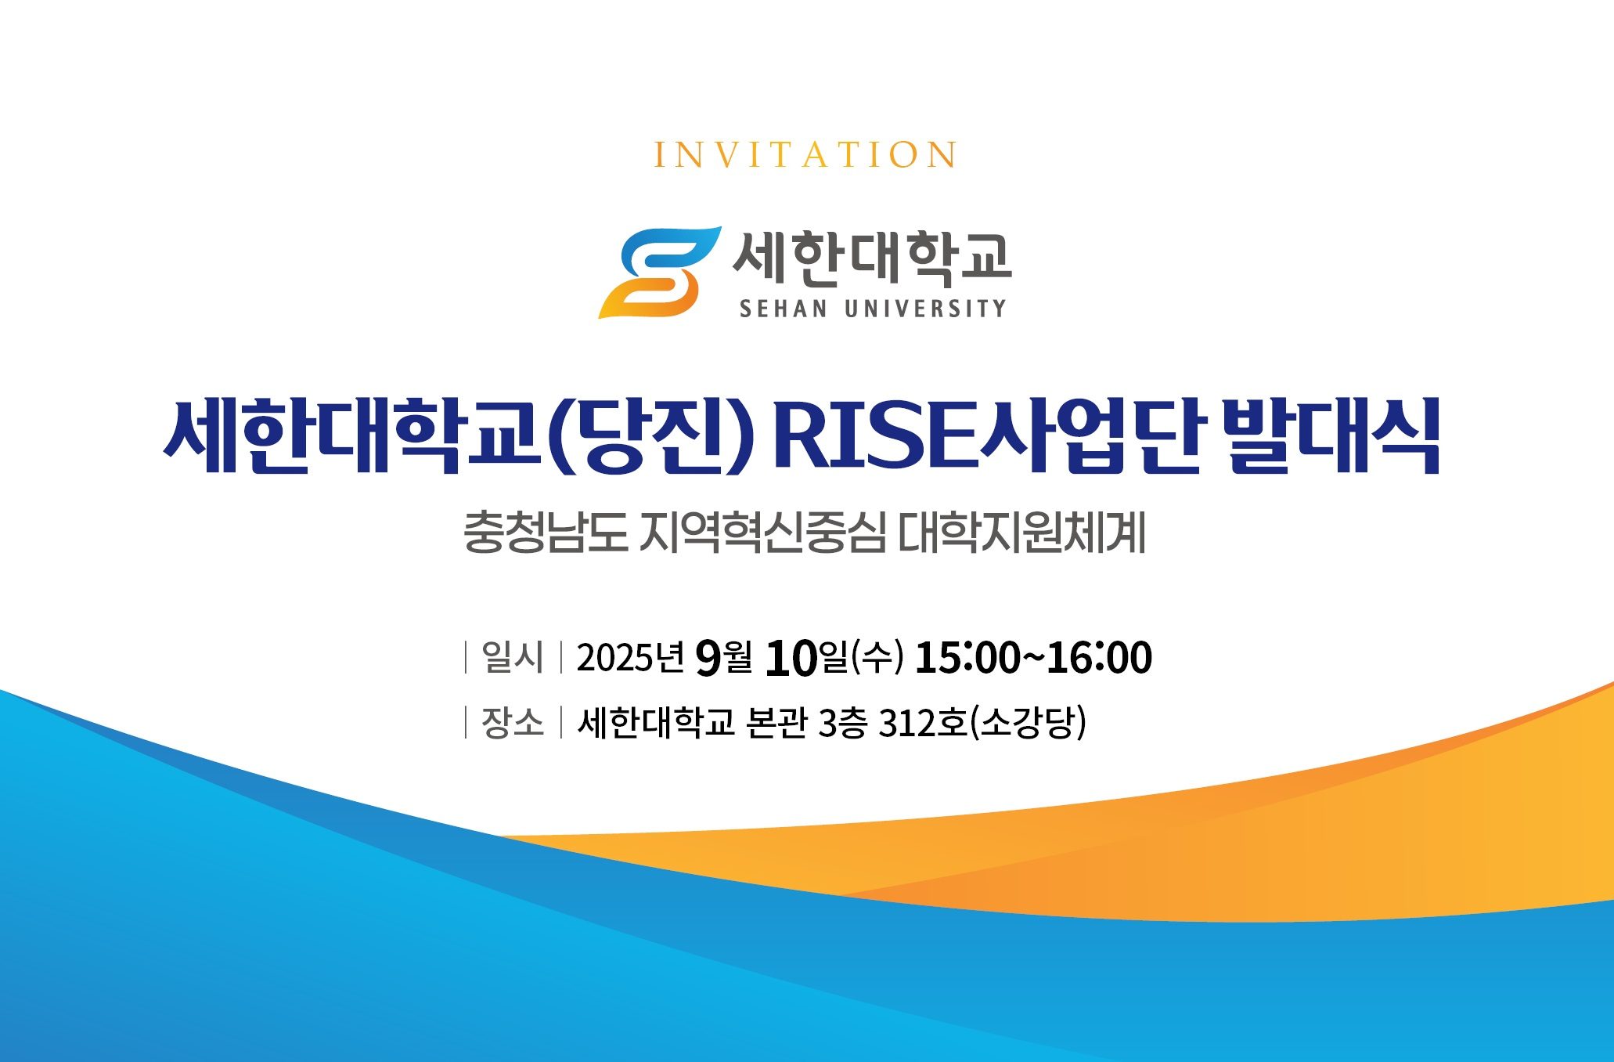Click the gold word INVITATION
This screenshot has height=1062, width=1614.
(x=805, y=155)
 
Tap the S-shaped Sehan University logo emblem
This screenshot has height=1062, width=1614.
(x=659, y=273)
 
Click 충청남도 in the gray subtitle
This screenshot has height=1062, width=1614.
(x=546, y=532)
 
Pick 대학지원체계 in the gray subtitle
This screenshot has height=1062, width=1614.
(x=1021, y=532)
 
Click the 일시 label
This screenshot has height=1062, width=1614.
(x=513, y=656)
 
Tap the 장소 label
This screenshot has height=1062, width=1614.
(x=513, y=722)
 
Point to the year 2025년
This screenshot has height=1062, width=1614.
(x=631, y=657)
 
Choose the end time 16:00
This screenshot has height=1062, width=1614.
(x=1099, y=657)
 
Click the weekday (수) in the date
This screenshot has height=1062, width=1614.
(x=877, y=657)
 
